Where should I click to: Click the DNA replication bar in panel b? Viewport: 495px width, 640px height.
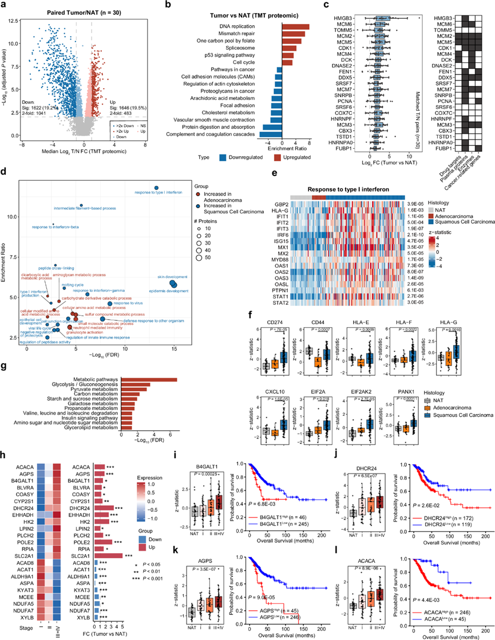295,27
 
